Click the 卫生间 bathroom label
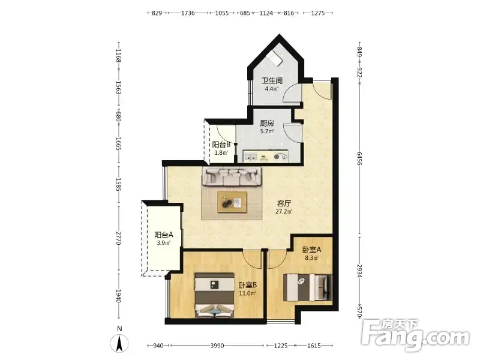(272, 81)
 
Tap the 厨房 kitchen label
(267, 124)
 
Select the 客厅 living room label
(284, 203)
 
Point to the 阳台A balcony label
(164, 235)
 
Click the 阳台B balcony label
(221, 145)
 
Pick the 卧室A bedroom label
(311, 250)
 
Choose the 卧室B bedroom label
(248, 285)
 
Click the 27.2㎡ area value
(284, 212)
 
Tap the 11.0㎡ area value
(247, 293)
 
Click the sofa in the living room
(232, 176)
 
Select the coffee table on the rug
(232, 202)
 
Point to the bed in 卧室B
(214, 295)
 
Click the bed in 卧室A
(307, 287)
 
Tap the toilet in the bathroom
(274, 58)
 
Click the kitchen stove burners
(281, 157)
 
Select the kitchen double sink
(251, 157)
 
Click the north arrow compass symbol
(119, 343)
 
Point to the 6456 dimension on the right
(359, 158)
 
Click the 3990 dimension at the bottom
(217, 346)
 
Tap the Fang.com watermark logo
(415, 335)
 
